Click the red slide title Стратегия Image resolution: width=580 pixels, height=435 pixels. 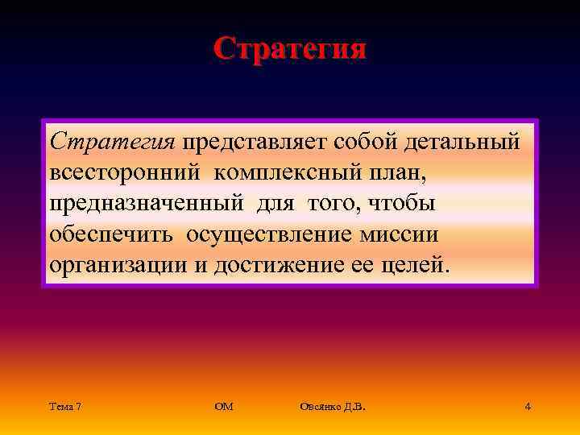point(289,48)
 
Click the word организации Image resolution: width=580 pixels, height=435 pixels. point(118,264)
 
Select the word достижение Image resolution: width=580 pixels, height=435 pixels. point(282,264)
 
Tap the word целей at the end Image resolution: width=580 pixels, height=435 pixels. point(413,264)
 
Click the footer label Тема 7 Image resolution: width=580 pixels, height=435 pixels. point(64,407)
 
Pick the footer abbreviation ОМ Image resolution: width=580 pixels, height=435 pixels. point(224,407)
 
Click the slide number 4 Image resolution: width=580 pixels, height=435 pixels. point(527,407)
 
